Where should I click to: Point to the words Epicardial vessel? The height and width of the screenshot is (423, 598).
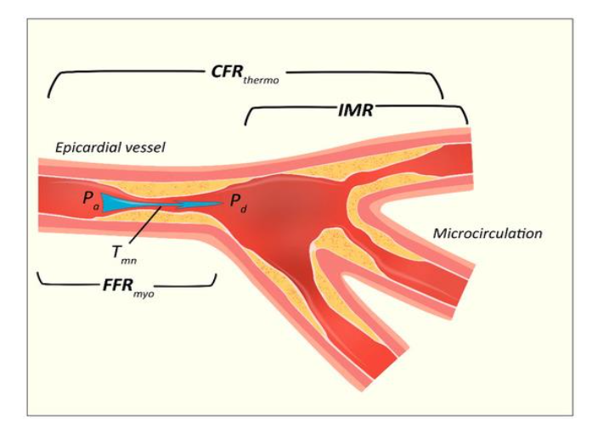[110, 148]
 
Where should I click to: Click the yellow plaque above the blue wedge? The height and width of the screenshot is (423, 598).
[170, 188]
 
